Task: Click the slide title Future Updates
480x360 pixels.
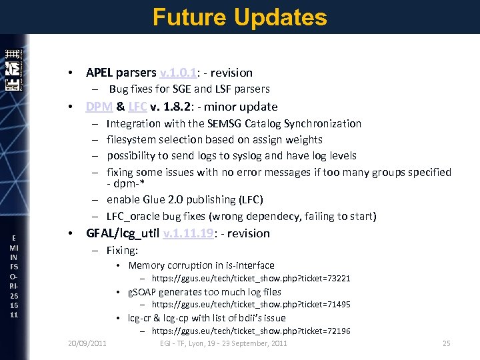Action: click(x=239, y=17)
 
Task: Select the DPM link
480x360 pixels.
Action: click(x=99, y=107)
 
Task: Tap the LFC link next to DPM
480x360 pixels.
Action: click(x=138, y=107)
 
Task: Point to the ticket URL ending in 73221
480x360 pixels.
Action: click(x=251, y=279)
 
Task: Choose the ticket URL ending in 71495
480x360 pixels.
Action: click(x=251, y=305)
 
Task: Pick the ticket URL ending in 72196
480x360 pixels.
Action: click(x=251, y=331)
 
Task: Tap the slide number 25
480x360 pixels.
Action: click(x=447, y=343)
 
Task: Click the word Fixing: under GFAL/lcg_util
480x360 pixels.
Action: click(x=122, y=251)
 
